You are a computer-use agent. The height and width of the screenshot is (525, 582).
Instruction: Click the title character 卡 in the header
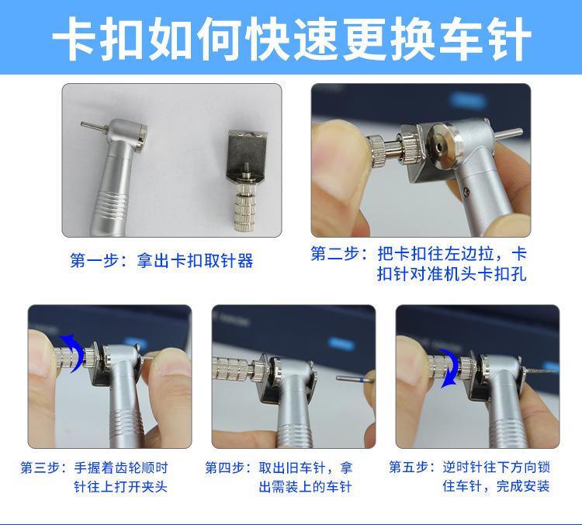coord(80,37)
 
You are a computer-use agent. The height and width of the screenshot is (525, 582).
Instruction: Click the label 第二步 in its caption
coord(334,255)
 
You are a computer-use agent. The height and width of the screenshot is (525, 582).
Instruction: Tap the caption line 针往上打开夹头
coord(120,487)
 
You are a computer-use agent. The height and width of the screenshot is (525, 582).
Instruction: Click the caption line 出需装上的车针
coord(305,487)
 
